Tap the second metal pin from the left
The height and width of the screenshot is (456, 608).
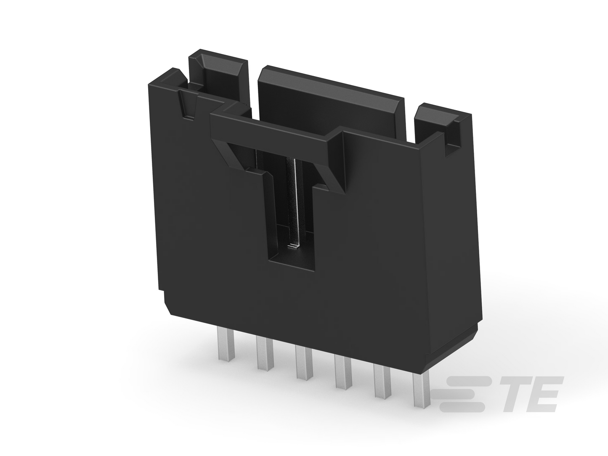(x=265, y=353)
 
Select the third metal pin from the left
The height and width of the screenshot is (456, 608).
(x=304, y=362)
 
